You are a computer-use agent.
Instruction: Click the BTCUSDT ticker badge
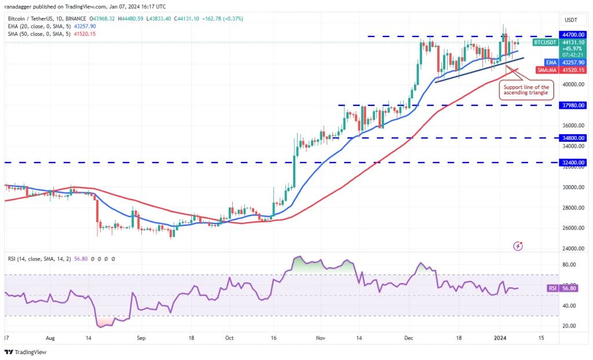(544, 42)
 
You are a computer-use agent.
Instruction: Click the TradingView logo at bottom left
(25, 352)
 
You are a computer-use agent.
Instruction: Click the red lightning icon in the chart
(518, 246)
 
